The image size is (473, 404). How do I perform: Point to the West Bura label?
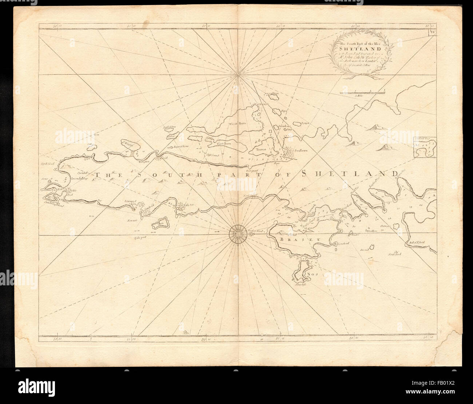point(238,124)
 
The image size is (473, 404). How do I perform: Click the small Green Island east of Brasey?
point(372,247)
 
